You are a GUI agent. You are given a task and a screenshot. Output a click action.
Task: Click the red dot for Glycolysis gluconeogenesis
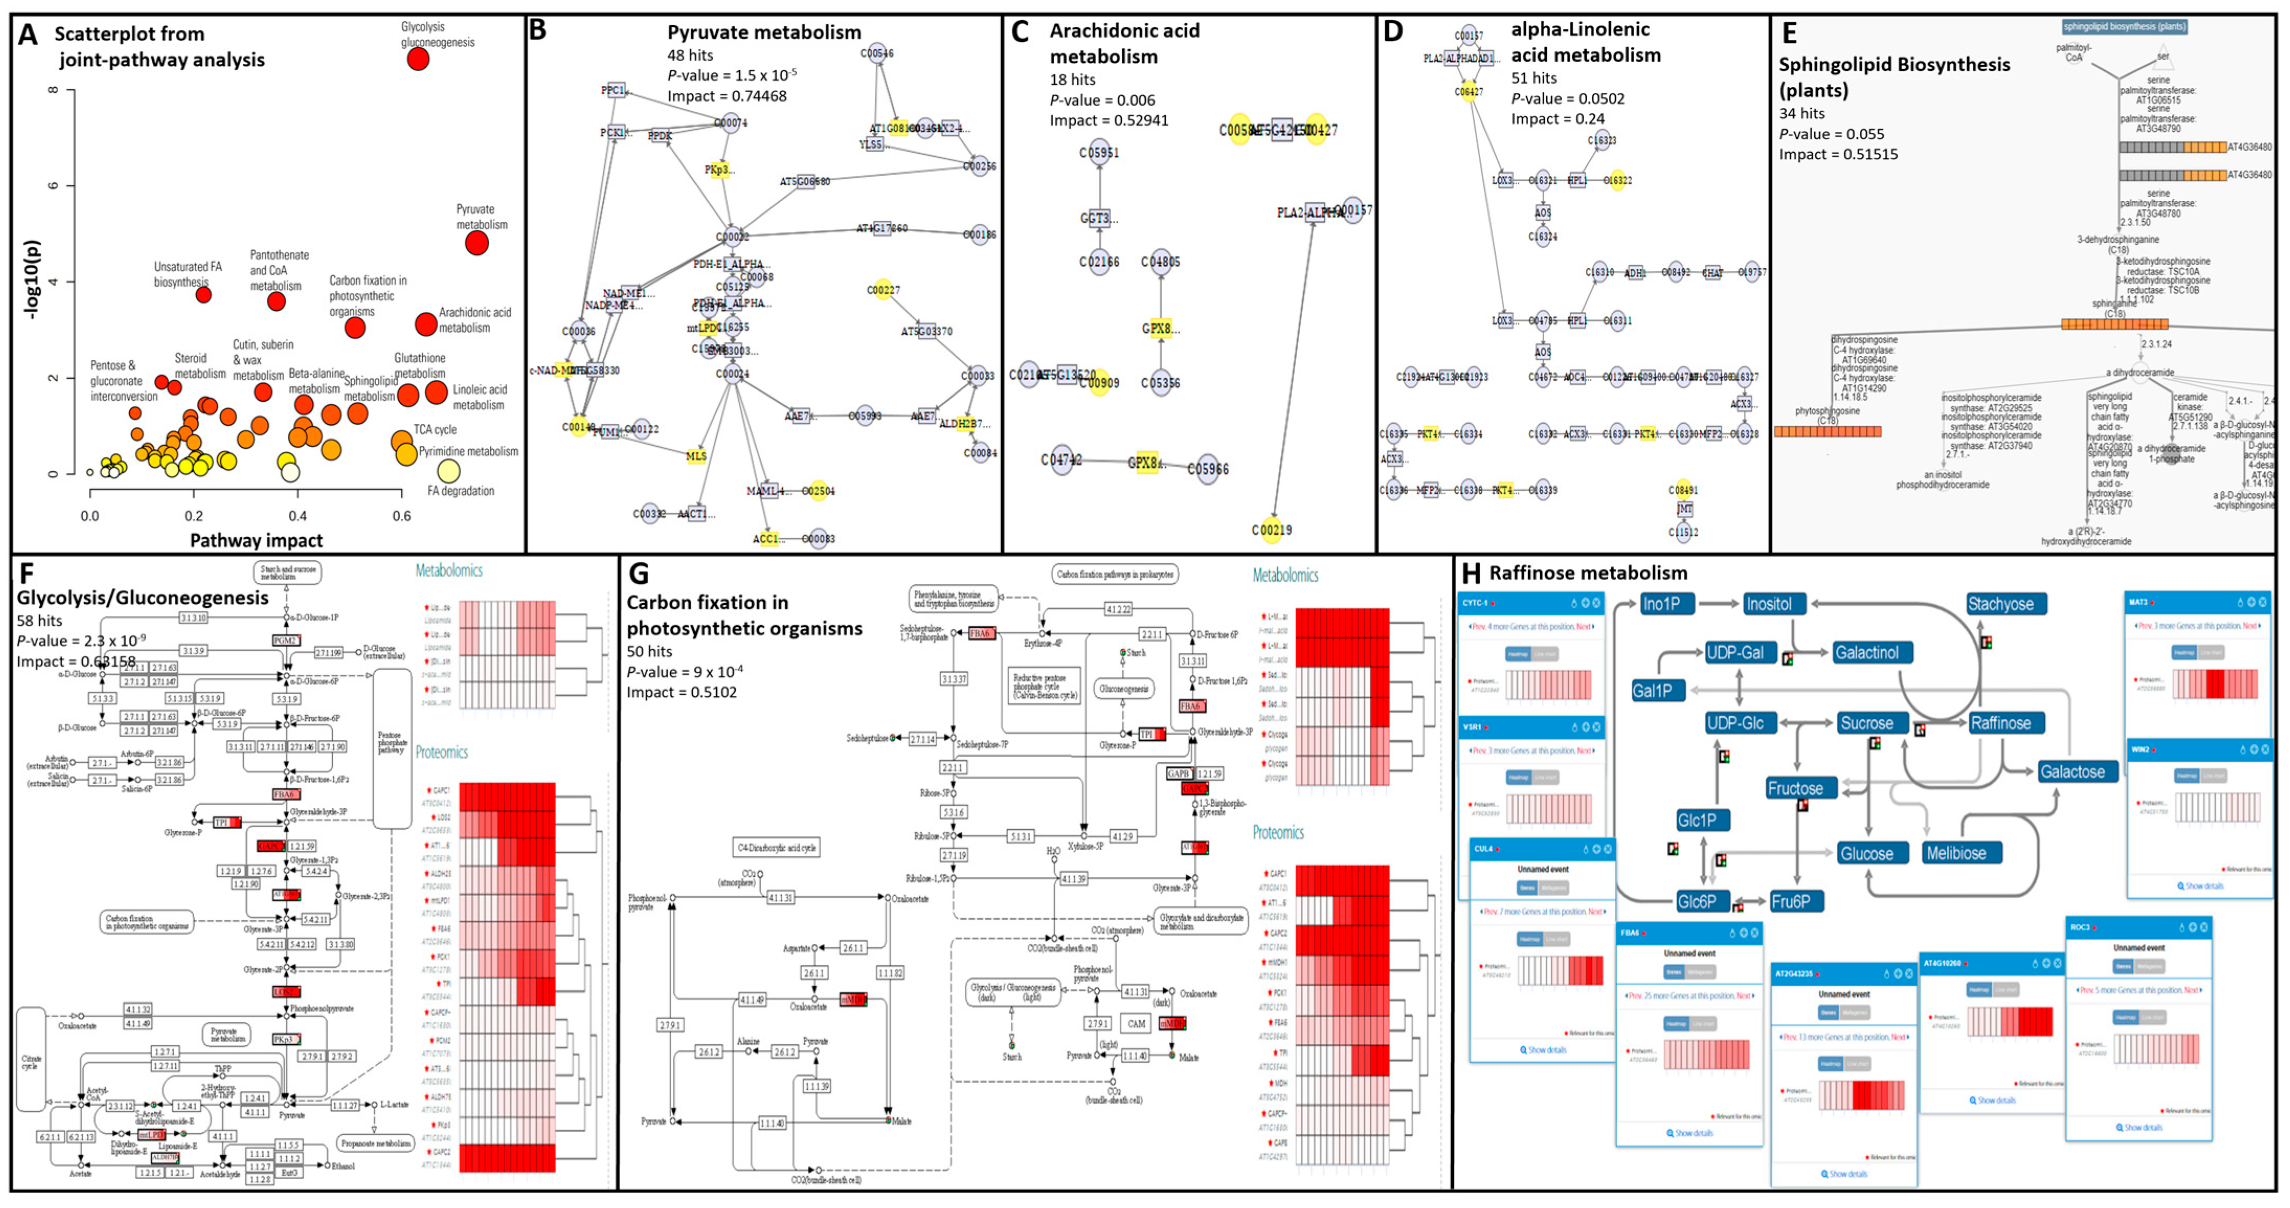[x=418, y=59]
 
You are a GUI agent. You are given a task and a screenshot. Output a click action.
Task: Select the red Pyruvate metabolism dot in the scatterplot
[x=477, y=242]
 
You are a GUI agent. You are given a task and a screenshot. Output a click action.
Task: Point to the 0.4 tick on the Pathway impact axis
[x=298, y=515]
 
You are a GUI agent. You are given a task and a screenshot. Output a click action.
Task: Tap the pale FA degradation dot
[x=449, y=471]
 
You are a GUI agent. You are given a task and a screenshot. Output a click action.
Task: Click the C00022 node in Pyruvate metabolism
[x=732, y=236]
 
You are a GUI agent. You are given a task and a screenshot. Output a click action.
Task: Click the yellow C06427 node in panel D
[x=1469, y=92]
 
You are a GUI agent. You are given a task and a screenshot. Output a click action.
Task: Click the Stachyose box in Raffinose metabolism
[x=2000, y=604]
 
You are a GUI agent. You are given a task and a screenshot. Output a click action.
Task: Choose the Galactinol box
[x=1867, y=652]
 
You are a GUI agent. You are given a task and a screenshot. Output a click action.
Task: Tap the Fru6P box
[x=1790, y=901]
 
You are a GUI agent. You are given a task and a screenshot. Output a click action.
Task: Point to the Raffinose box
[x=2000, y=722]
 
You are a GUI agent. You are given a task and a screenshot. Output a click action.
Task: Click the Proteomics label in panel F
[x=442, y=752]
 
